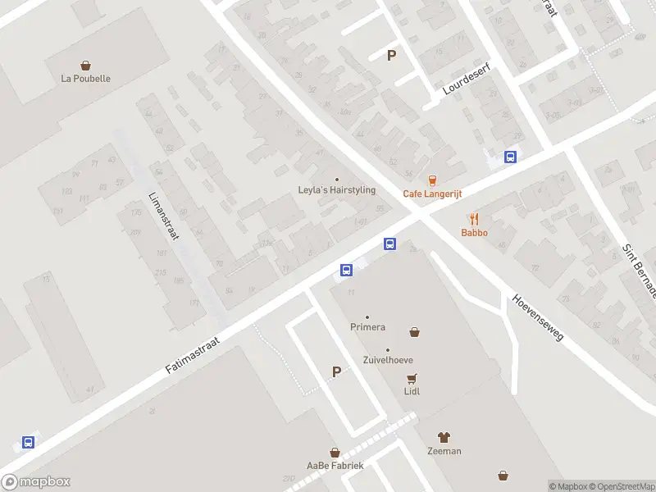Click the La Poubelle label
point(85,79)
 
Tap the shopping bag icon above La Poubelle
point(85,65)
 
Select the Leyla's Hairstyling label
point(336,190)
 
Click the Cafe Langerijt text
point(432,194)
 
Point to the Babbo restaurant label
point(474,232)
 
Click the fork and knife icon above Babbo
point(474,219)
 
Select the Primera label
point(367,327)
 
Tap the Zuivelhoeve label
point(388,360)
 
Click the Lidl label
point(412,391)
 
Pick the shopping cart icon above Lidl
point(412,378)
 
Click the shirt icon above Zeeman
point(444,438)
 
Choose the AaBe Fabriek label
point(335,465)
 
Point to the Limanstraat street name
point(163,215)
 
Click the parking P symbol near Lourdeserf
point(391,56)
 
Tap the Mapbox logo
point(36,482)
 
